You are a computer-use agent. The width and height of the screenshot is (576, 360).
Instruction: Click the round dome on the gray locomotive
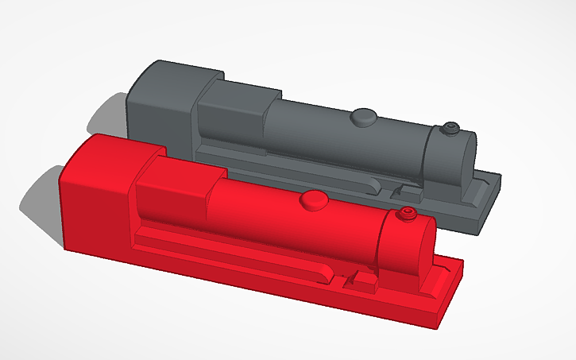[365, 117]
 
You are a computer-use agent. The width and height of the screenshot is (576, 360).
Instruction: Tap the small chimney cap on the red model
[407, 213]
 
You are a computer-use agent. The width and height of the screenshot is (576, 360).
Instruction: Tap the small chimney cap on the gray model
[451, 126]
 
